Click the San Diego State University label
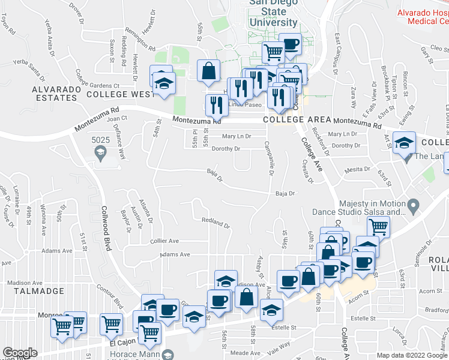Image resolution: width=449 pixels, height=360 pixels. point(273,13)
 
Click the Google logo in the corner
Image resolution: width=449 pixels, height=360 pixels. point(20,353)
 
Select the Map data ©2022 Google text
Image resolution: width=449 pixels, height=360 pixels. point(412,355)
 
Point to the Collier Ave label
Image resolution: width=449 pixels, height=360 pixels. point(164,241)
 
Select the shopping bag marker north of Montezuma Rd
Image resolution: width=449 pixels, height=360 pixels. point(208,71)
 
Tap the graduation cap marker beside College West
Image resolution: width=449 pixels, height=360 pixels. point(162,83)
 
